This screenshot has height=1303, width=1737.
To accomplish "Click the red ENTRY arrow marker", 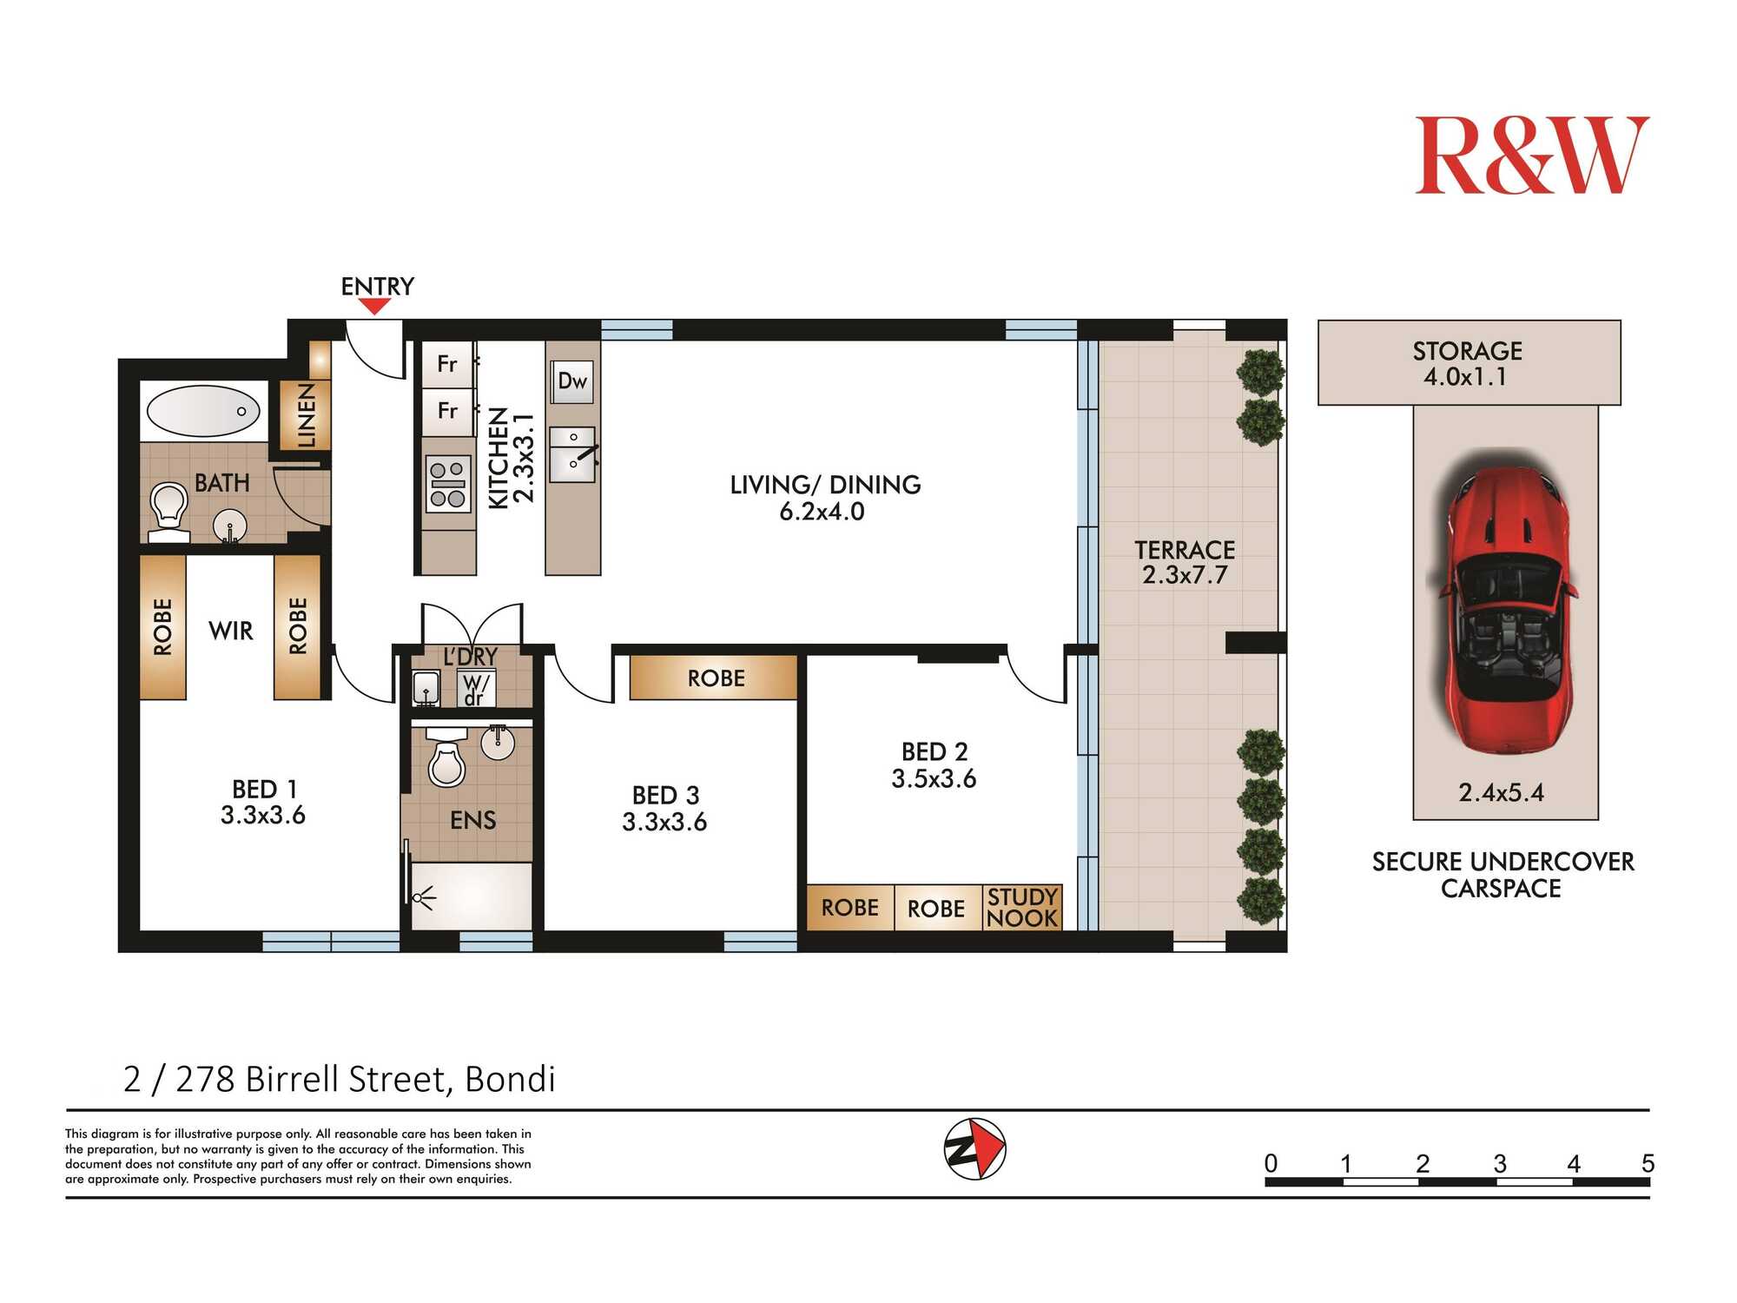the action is [x=374, y=306].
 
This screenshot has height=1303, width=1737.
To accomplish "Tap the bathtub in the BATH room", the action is [x=203, y=411].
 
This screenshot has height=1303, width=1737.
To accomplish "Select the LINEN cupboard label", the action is [x=307, y=415].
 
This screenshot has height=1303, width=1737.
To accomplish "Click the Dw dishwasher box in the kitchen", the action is [x=572, y=381].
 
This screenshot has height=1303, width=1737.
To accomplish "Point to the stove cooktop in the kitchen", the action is [x=448, y=484].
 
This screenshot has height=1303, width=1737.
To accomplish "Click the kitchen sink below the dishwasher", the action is [x=572, y=453].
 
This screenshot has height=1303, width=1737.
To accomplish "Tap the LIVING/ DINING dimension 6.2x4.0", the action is [x=822, y=512].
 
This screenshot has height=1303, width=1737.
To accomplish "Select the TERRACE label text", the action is [x=1185, y=550].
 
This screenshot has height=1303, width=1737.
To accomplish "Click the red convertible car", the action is [x=1505, y=608].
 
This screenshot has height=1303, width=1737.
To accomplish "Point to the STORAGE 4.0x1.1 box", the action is [x=1469, y=362].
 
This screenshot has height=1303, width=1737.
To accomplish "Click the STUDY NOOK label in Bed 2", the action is [x=1022, y=908].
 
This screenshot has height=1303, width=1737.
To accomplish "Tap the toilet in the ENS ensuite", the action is [x=447, y=763].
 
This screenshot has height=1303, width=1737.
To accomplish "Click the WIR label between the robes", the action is [x=231, y=631].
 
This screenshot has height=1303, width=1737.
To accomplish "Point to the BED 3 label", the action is [x=665, y=796].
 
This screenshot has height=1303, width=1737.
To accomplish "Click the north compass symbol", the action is [x=974, y=1148].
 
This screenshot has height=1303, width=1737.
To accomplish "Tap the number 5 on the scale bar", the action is [x=1648, y=1164].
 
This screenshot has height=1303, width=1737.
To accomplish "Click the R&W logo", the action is [x=1532, y=155].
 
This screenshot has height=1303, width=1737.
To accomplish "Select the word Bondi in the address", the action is [x=511, y=1079].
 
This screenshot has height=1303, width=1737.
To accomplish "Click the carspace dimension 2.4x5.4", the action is [x=1501, y=793].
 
